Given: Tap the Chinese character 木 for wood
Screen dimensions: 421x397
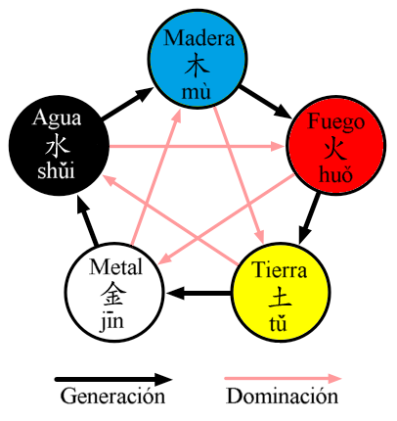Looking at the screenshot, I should (x=198, y=65).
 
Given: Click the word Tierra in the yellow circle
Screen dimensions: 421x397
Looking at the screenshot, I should (x=279, y=270).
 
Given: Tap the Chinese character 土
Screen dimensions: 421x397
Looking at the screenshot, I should (x=279, y=297).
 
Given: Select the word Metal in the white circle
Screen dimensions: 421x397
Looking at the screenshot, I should (x=115, y=268).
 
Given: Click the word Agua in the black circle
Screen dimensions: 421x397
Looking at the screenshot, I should (x=57, y=118).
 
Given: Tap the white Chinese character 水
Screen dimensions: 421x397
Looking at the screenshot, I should (x=56, y=146).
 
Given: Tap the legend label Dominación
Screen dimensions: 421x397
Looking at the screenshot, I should (x=282, y=397).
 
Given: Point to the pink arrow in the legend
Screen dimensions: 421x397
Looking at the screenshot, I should (x=284, y=377).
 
